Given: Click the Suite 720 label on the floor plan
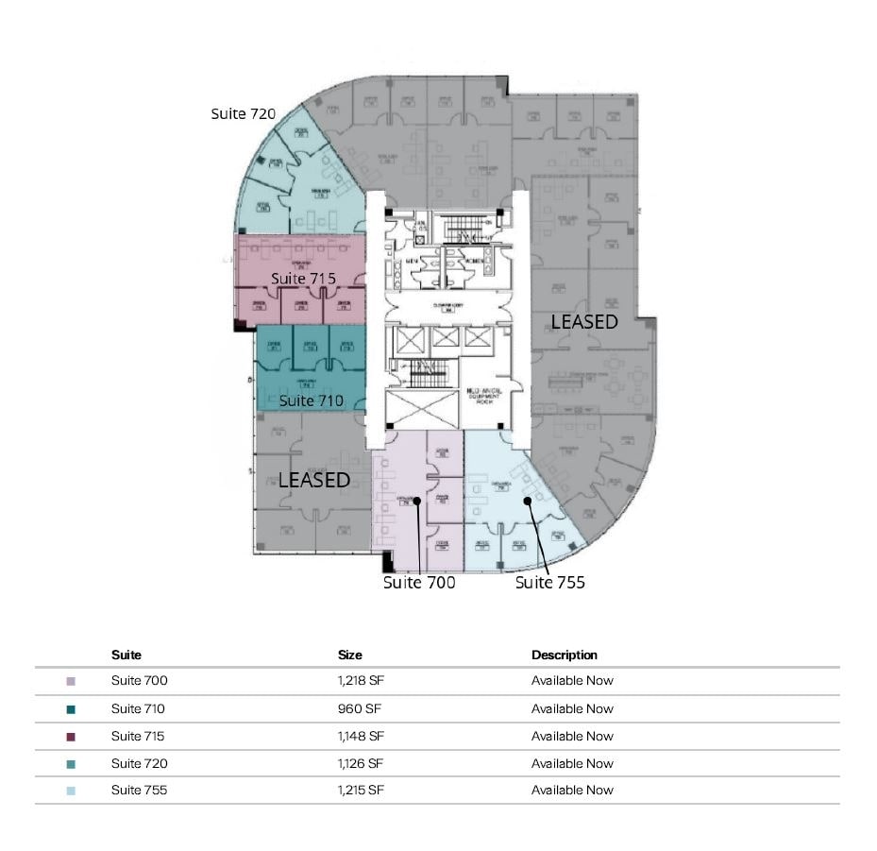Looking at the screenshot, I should point(243,113).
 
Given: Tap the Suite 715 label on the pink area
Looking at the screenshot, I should point(303,279).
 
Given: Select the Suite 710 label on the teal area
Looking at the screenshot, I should point(312,400).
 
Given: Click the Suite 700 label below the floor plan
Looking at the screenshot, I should point(419,583).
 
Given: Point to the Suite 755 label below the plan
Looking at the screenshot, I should point(549,583).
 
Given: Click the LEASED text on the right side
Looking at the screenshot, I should point(584,322).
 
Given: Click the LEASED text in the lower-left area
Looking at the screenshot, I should point(313,480).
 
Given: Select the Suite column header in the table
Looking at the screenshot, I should point(126,655).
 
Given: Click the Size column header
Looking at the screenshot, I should point(349,655).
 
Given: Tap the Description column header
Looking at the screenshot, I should point(564,655).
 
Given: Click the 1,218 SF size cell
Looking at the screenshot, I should point(361,680).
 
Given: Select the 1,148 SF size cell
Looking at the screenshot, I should point(361,736).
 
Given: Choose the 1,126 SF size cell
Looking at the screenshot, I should point(361,763).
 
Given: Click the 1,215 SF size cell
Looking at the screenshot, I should point(361,790).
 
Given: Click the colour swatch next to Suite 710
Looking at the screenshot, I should point(71,708).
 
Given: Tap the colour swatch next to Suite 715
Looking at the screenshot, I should point(71,736).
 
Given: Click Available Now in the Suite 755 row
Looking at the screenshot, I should point(572,790).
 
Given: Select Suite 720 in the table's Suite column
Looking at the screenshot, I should point(139,763).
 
